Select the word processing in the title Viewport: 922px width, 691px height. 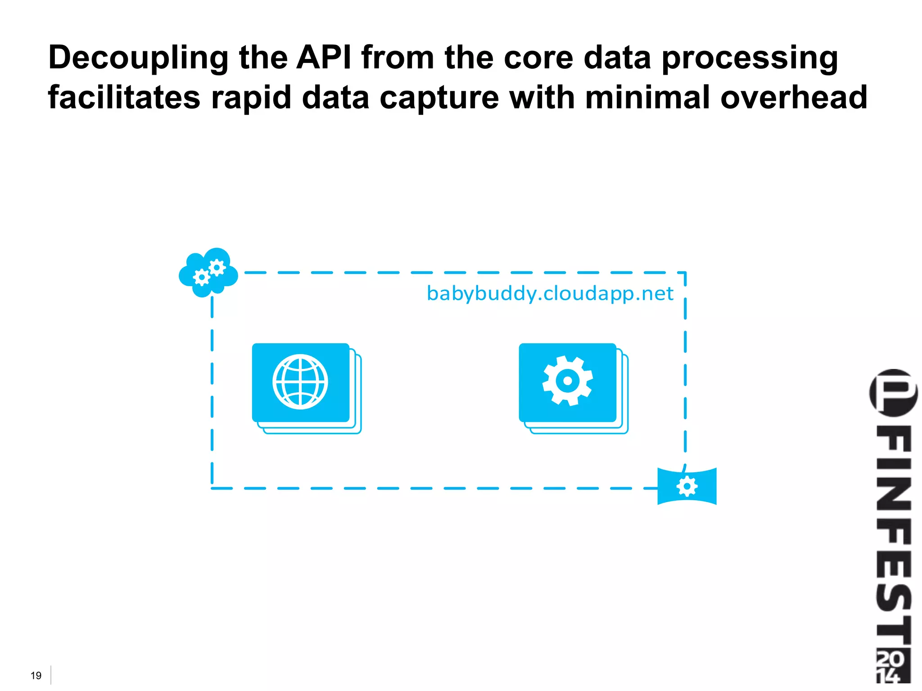click(x=750, y=59)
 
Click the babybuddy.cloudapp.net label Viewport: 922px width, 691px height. click(x=550, y=294)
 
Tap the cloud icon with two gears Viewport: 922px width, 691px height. click(x=208, y=272)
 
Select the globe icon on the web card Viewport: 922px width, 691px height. click(x=300, y=382)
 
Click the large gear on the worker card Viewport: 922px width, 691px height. click(x=567, y=381)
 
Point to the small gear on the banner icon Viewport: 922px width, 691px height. click(x=687, y=486)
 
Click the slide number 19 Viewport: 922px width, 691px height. click(x=36, y=675)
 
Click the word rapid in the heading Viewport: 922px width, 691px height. click(x=251, y=98)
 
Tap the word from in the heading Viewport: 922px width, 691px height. click(x=398, y=58)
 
